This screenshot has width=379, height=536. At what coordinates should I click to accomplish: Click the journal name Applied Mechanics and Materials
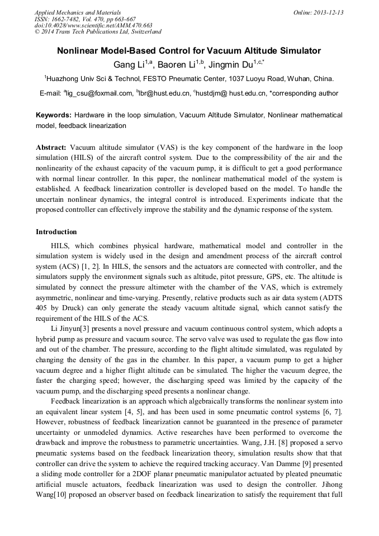(x=77, y=12)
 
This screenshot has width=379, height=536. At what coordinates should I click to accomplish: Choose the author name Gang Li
(x=128, y=64)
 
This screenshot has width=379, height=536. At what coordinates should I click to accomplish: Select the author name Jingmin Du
(x=229, y=64)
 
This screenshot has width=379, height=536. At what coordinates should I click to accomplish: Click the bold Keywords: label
(x=54, y=115)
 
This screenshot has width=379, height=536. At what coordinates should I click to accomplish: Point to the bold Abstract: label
(x=51, y=148)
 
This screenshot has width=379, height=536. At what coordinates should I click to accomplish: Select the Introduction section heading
(x=56, y=232)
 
